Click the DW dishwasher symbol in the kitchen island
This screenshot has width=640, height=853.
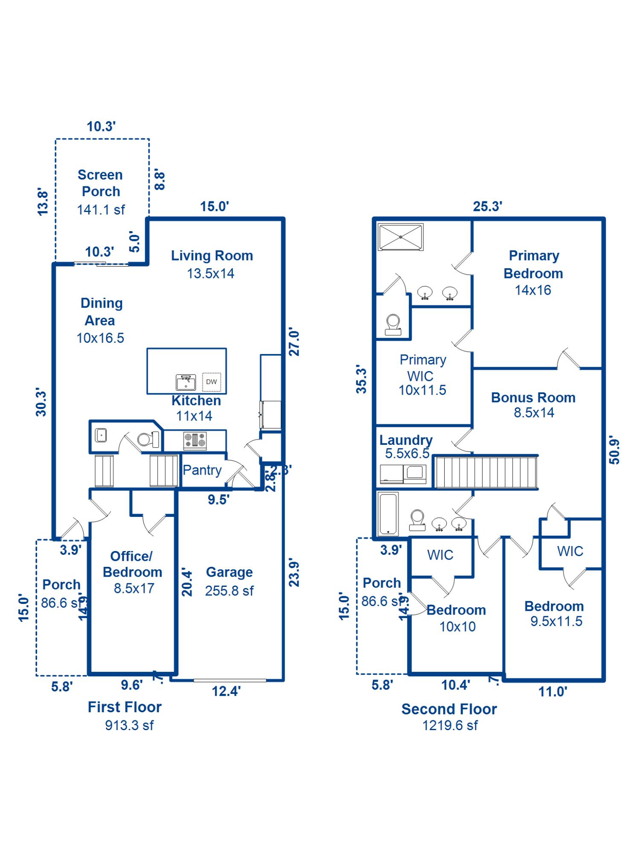[x=212, y=382]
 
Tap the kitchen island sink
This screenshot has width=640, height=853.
[x=186, y=383]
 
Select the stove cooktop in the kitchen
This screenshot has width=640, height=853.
[x=195, y=441]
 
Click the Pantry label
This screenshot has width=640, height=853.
[x=202, y=470]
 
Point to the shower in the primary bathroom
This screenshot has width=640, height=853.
[x=401, y=237]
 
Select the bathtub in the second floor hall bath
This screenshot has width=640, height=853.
[x=388, y=514]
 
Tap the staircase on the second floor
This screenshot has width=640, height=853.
[x=486, y=472]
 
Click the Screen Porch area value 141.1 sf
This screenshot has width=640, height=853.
[x=101, y=210]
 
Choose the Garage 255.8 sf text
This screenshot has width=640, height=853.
[x=229, y=591]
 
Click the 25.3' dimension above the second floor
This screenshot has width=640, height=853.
[x=487, y=206]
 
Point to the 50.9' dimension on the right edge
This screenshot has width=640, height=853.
[x=614, y=450]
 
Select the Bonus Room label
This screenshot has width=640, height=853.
[x=533, y=397]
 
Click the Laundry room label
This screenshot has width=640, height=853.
[x=406, y=440]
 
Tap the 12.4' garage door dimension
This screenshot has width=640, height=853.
[x=226, y=691]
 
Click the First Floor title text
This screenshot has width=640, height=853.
[x=125, y=707]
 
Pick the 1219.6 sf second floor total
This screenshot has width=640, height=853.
[x=450, y=725]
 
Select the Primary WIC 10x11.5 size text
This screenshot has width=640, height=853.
[x=422, y=390]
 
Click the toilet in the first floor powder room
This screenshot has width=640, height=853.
[x=148, y=439]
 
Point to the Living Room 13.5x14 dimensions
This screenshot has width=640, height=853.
[x=211, y=273]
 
